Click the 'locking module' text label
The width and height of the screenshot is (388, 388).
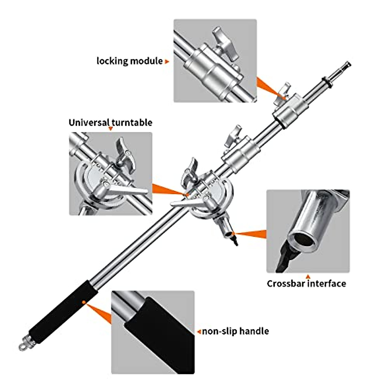coord(129,61)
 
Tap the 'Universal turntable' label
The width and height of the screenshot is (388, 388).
coord(110,123)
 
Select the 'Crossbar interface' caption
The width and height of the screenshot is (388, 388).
coord(306,284)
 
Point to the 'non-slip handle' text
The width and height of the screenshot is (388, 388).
coord(235,331)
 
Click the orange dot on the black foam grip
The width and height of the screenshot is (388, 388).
coord(84,302)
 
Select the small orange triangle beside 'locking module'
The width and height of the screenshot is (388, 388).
coord(167,61)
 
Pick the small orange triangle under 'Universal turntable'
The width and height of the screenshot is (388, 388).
coord(111,129)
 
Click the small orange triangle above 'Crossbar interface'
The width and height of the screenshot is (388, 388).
coord(308,277)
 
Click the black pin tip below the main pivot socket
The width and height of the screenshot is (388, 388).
coord(235,241)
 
